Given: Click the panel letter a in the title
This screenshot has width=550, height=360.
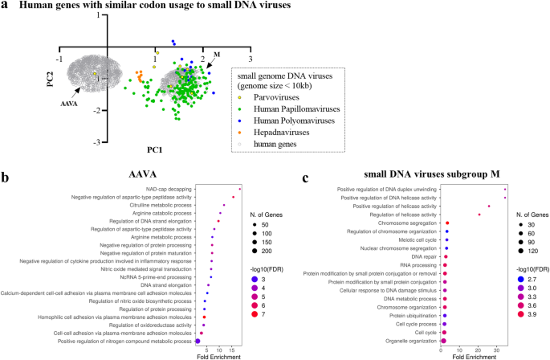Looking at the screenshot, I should [6, 6].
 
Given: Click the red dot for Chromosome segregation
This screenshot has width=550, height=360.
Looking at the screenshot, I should [447, 223].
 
